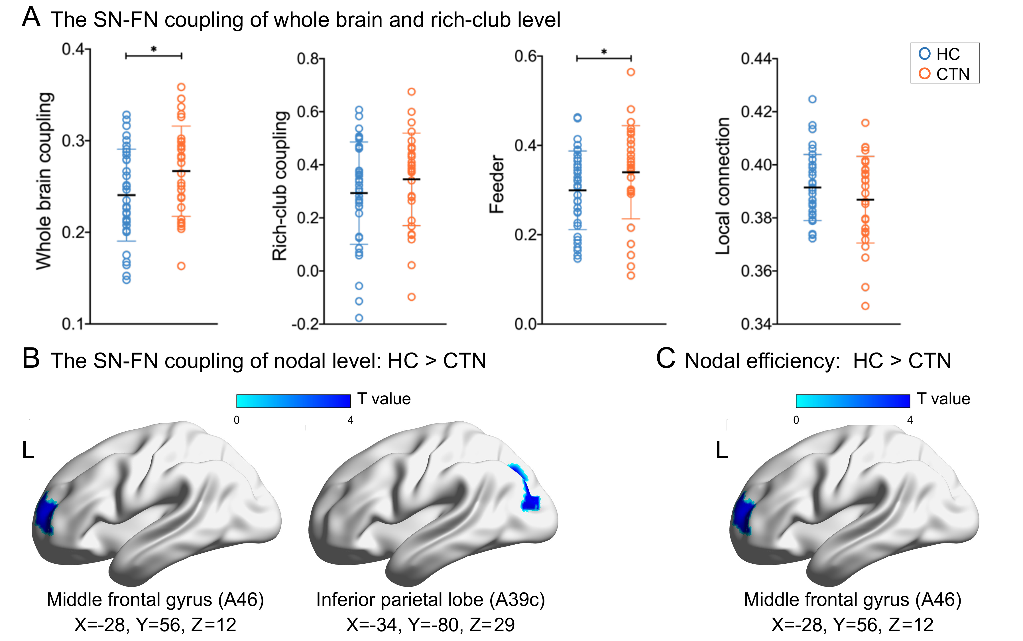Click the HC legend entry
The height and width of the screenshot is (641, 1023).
943,54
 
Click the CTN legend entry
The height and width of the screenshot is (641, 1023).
943,74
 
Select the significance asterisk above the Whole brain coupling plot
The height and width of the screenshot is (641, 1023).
154,50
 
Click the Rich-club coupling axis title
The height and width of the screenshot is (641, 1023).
280,186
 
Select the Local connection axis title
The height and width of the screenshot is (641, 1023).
723,186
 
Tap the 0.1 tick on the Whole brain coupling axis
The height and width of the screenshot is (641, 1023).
73,324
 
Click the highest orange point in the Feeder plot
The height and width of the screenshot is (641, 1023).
631,72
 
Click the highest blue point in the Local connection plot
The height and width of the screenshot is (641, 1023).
812,99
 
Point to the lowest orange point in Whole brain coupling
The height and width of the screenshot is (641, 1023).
181,266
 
